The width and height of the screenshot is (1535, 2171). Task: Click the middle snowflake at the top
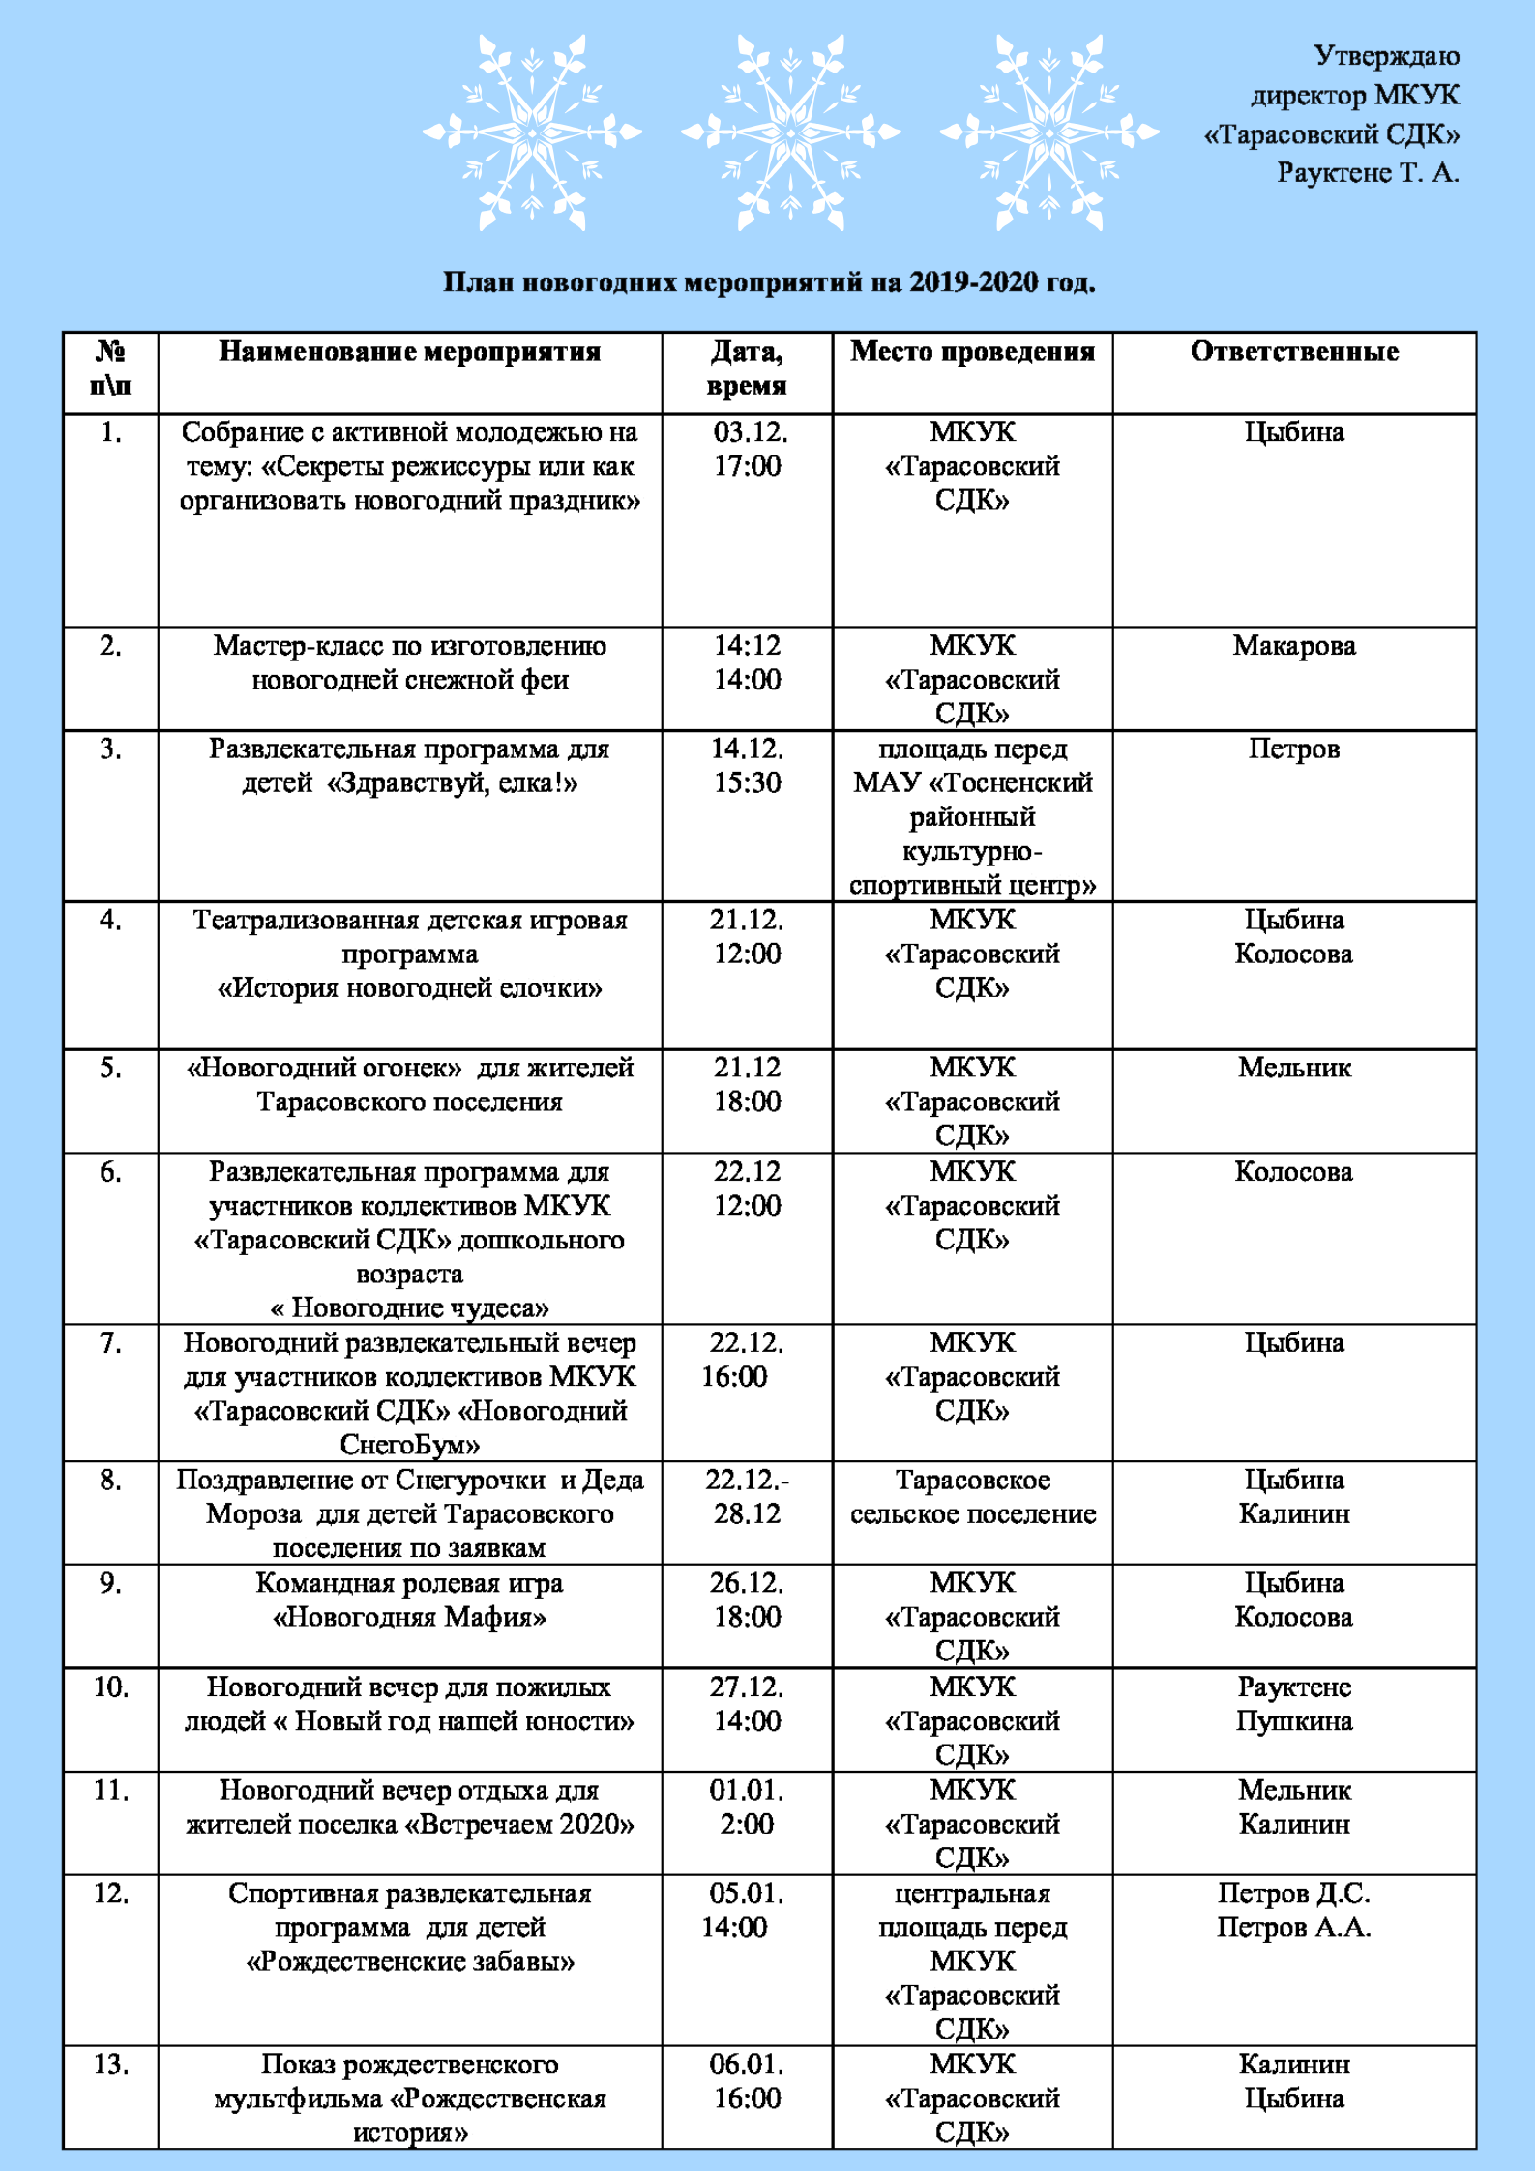(790, 132)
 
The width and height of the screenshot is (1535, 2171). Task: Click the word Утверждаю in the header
(1385, 56)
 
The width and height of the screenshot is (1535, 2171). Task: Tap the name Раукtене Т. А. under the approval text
(1367, 173)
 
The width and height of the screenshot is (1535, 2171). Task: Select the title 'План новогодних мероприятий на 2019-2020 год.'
(769, 282)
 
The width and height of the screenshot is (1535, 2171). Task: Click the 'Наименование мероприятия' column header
(409, 352)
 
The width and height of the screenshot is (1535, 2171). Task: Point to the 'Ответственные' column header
(1293, 352)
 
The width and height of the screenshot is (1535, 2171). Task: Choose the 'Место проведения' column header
(972, 352)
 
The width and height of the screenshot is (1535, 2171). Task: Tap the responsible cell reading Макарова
(1293, 646)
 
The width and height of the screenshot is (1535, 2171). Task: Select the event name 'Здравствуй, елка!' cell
(409, 766)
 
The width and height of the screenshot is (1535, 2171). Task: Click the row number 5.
(110, 1068)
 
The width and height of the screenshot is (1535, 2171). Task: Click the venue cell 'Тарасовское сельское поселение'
(972, 1496)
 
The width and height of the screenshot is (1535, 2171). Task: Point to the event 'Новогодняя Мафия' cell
(409, 1599)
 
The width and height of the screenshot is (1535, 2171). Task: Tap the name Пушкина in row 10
(1293, 1721)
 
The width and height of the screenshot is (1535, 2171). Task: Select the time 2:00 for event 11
(747, 1825)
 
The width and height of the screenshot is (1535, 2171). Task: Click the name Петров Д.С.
(1293, 1892)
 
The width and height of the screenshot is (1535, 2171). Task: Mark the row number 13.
(110, 2064)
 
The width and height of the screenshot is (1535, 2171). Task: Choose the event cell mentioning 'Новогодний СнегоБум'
(409, 1394)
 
